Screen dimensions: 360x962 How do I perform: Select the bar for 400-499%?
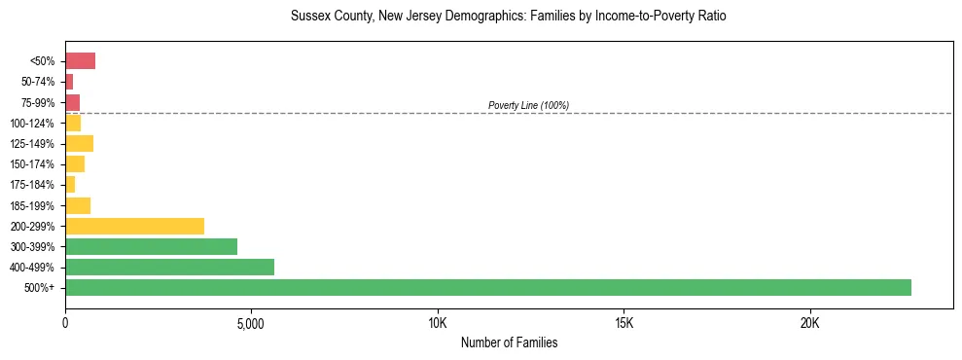coord(169,267)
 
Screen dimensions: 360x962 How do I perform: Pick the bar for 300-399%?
coord(151,246)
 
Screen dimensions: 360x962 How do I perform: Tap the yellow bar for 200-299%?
coord(134,226)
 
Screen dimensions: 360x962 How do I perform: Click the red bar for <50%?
coord(80,61)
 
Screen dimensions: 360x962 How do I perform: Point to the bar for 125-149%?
coord(79,144)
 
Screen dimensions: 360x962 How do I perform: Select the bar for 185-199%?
coord(78,205)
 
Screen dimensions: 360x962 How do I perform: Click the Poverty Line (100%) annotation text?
coord(528,105)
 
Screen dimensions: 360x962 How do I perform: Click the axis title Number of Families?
coord(509,342)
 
